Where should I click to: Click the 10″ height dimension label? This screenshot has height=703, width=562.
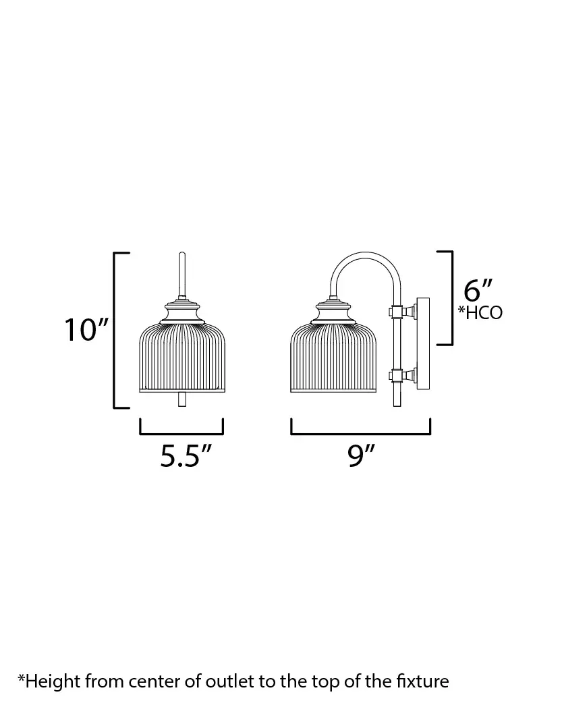pos(86,330)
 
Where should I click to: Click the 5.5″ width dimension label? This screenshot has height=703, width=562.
pos(186,456)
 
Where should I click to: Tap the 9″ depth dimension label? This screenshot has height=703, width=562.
pos(361,456)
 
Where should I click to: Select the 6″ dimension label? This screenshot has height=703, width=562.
pos(478,291)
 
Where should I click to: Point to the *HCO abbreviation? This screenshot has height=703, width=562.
pos(480,312)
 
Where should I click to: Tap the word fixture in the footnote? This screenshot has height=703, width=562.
pos(423,681)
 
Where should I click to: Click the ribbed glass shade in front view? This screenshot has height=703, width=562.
pos(182,357)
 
